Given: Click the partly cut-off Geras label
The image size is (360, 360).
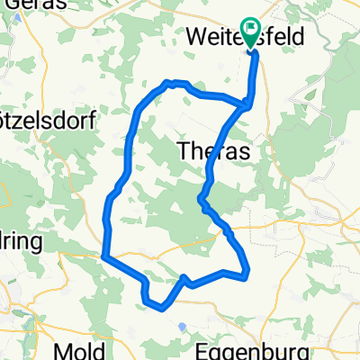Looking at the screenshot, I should (x=22, y=5).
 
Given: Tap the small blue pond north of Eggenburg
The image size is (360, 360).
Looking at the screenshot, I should (x=182, y=326).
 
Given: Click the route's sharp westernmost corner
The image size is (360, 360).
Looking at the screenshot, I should (x=104, y=257).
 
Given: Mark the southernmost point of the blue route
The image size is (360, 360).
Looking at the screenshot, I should (x=163, y=307).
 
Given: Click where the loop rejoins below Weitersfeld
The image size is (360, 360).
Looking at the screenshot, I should (x=246, y=103).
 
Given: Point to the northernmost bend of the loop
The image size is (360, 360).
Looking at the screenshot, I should (x=167, y=83).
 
